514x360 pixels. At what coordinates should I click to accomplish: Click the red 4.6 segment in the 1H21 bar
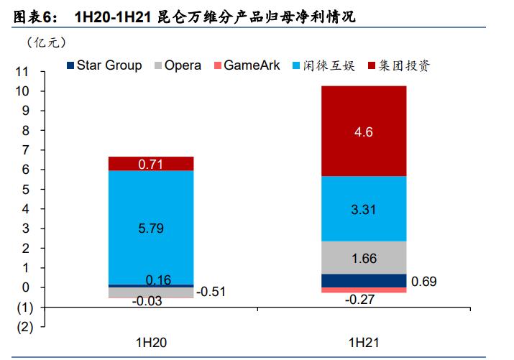364,131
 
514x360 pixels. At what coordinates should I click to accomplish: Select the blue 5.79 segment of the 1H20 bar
151,227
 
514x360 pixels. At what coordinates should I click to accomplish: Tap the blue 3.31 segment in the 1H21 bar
364,208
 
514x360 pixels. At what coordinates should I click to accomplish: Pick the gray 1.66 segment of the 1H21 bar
364,257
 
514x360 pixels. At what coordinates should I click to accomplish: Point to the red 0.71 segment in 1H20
151,164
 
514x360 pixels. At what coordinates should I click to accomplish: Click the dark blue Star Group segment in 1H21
364,280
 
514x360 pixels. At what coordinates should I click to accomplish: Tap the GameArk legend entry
251,65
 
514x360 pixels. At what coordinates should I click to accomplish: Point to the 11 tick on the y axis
22,73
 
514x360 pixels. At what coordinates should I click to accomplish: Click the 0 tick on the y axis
25,287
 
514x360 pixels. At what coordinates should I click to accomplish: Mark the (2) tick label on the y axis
24,327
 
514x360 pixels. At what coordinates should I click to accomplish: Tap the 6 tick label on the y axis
25,170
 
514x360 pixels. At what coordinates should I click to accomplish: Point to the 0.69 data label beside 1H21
425,281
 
